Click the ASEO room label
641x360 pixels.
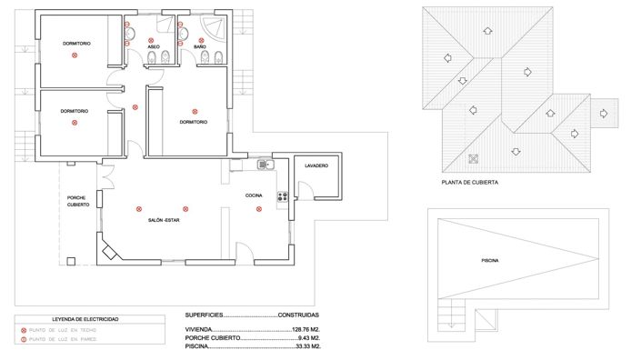pos(154,46)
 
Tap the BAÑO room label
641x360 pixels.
pos(199,46)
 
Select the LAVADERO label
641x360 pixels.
pos(316,165)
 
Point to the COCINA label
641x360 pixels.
pos(254,195)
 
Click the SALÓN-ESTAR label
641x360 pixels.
pos(164,220)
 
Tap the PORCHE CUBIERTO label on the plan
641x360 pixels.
pos(78,201)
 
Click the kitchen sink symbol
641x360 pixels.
pos(265,165)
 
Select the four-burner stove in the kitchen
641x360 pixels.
pos(282,195)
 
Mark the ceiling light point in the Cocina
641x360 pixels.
pos(259,209)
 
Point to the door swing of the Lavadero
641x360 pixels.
pos(305,191)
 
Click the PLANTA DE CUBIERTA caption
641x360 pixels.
pos(469,182)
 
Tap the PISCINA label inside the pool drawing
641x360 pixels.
pos(490,261)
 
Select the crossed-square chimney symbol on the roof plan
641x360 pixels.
pos(473,159)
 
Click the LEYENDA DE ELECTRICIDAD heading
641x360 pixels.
pos(85,320)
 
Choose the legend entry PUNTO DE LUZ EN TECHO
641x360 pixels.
pos(63,330)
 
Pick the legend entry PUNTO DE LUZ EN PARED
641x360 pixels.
pos(63,339)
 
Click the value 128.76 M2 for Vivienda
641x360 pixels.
pos(305,329)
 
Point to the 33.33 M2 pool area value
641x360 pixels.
pos(308,346)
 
